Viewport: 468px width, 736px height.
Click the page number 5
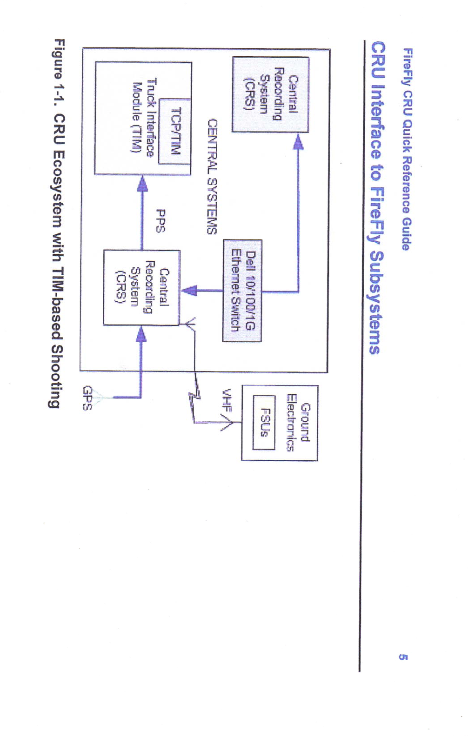pyautogui.click(x=403, y=657)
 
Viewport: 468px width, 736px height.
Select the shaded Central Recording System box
pyautogui.click(x=270, y=94)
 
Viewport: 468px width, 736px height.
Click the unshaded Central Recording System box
pyautogui.click(x=141, y=287)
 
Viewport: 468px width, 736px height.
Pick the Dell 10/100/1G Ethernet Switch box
pyautogui.click(x=242, y=291)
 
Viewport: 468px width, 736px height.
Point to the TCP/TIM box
pyautogui.click(x=175, y=131)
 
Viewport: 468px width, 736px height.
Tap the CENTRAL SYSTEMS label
pyautogui.click(x=212, y=176)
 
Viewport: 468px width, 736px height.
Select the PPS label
pyautogui.click(x=160, y=220)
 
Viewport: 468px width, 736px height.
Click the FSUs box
pyautogui.click(x=264, y=422)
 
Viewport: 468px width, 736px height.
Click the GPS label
pyautogui.click(x=87, y=398)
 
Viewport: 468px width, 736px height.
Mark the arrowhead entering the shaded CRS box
pyautogui.click(x=299, y=140)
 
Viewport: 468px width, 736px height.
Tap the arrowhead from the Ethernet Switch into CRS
pyautogui.click(x=188, y=291)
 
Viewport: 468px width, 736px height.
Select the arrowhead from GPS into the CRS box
pyautogui.click(x=140, y=334)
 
